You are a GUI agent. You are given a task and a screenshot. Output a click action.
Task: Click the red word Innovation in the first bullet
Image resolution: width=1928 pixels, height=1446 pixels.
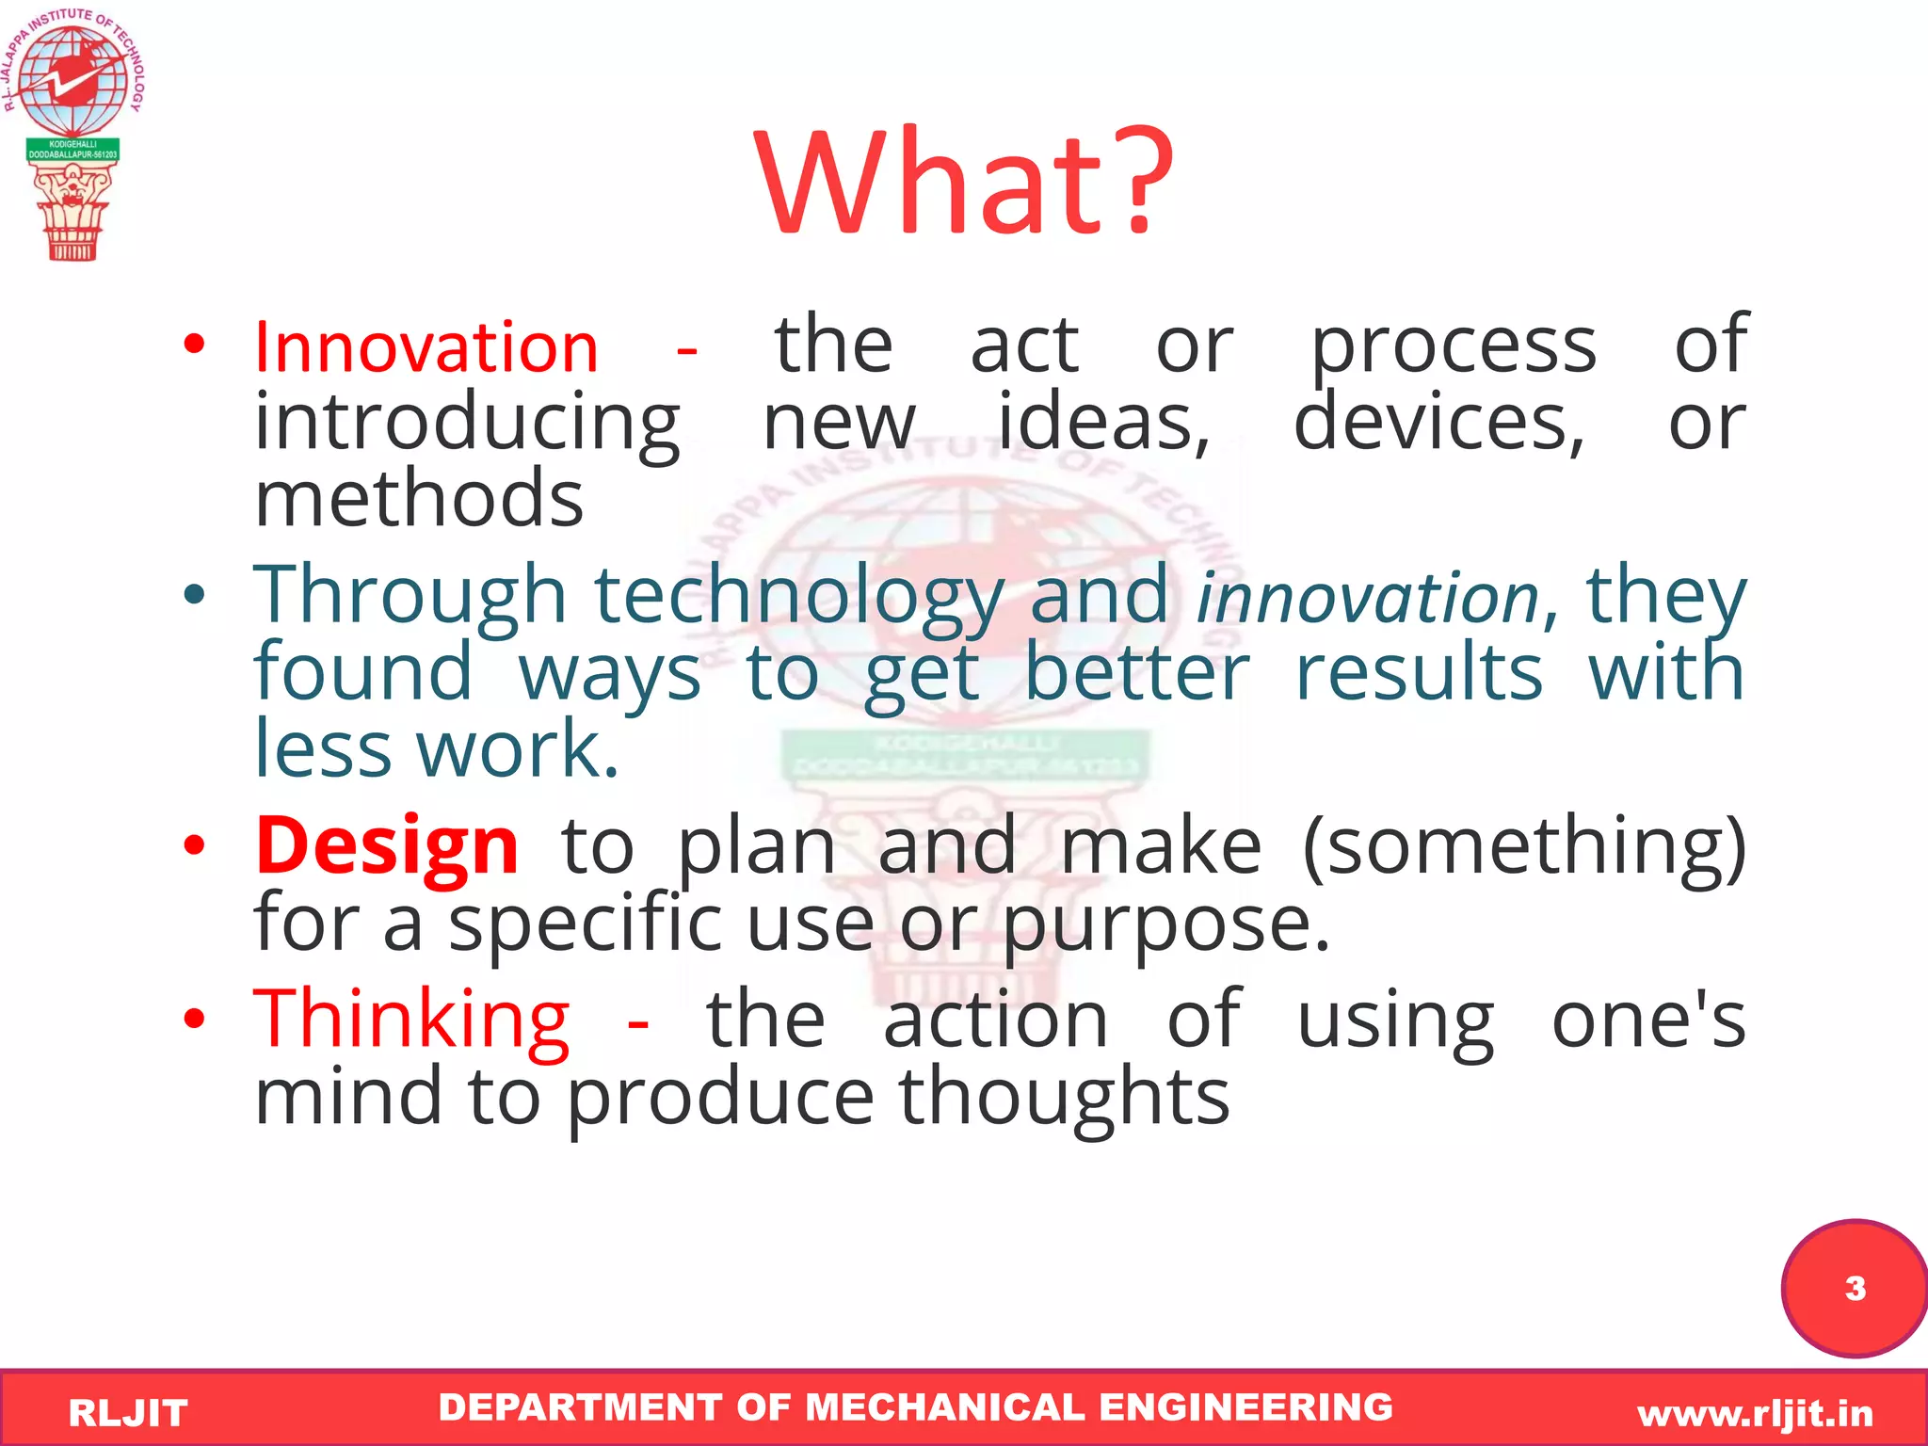tap(426, 347)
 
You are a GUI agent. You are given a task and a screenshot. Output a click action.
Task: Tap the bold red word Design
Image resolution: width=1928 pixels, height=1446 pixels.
tap(387, 844)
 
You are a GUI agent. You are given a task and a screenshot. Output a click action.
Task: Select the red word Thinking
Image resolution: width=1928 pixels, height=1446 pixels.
tap(411, 1020)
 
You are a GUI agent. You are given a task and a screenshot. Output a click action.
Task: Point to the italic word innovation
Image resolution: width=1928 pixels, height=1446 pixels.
tap(1367, 598)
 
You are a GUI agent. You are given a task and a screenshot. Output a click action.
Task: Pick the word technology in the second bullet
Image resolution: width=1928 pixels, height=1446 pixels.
tap(799, 596)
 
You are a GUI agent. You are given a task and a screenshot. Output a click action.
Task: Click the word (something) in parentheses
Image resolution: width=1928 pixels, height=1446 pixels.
tap(1524, 846)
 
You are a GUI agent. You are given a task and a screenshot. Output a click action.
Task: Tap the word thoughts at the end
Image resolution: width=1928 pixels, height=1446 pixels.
tap(1064, 1097)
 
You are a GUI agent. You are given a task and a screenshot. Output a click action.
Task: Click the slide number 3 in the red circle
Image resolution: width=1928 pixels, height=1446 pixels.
tap(1855, 1288)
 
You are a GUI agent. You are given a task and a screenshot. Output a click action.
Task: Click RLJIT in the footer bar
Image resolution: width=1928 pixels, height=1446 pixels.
tap(128, 1413)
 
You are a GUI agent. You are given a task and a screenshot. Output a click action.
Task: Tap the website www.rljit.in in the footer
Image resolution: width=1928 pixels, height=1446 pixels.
tap(1755, 1413)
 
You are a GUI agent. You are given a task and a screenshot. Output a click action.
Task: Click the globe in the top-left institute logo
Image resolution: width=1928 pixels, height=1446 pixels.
tap(73, 80)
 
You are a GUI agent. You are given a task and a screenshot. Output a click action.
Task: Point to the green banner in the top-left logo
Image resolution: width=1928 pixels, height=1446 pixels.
tap(72, 149)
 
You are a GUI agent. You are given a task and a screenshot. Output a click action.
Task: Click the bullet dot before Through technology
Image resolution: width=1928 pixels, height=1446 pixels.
tap(194, 594)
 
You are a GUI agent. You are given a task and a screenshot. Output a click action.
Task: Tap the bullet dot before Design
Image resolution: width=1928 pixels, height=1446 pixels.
tap(194, 844)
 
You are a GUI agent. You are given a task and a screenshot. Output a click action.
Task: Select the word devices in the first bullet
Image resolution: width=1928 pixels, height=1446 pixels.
tap(1438, 424)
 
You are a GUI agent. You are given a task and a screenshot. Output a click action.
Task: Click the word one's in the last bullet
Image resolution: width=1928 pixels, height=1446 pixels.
tap(1647, 1020)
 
